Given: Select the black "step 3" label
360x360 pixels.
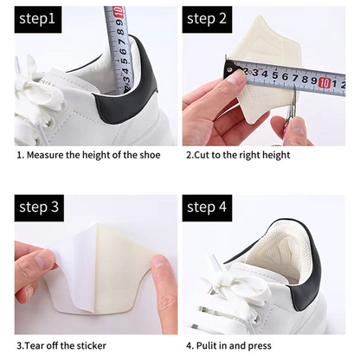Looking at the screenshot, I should click(40, 208).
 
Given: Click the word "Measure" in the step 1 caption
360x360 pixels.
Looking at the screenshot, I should click(51, 156).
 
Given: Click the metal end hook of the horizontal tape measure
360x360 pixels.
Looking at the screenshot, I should click(228, 65).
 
